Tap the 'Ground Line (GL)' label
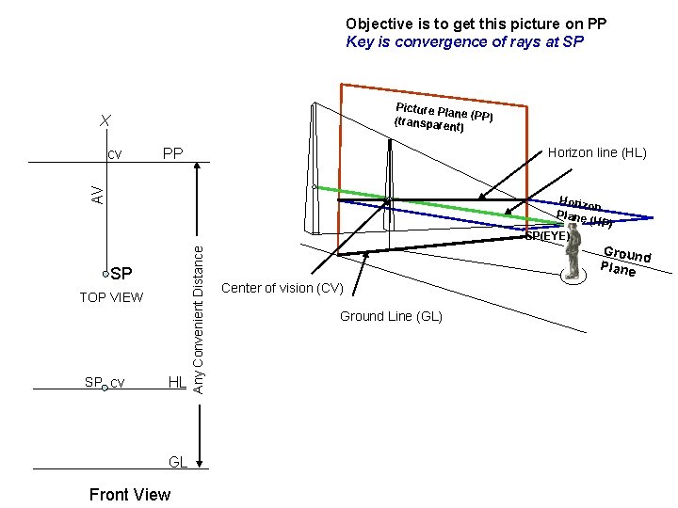coord(391,316)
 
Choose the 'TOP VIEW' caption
coord(111,297)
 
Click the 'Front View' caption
coord(129,495)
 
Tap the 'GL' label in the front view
coord(178,462)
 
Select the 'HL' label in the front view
coord(177,382)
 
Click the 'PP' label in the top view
coord(172,153)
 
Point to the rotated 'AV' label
coord(97,194)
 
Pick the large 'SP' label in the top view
coord(121,275)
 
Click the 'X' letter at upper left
coord(106,120)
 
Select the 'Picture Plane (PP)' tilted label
coord(444,116)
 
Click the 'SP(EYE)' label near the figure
coord(547,236)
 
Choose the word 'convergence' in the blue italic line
coord(435,41)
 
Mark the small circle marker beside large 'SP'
coord(106,274)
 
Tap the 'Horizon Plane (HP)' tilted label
coord(586,213)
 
